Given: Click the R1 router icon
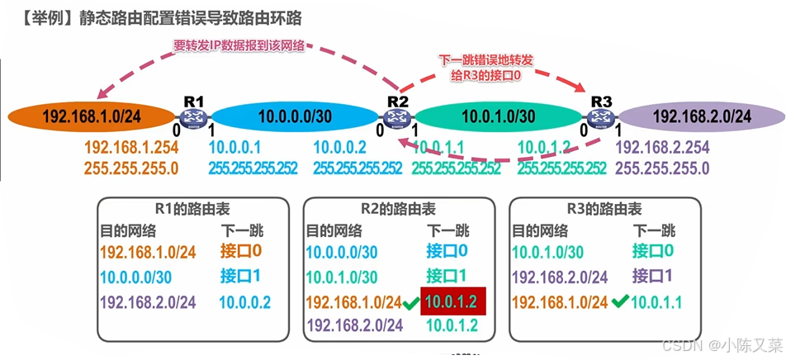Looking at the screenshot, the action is click(194, 117).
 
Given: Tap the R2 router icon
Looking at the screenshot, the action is click(399, 117).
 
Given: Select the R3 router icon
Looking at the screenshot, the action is click(601, 117).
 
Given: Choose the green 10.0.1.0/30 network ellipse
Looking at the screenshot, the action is click(500, 117).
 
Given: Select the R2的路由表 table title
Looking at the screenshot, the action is click(401, 210).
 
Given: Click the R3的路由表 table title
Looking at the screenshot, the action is click(608, 210).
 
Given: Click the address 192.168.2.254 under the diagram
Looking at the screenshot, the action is click(662, 148).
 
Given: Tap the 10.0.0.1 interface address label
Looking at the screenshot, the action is click(235, 148).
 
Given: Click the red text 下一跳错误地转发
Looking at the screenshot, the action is click(486, 60).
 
